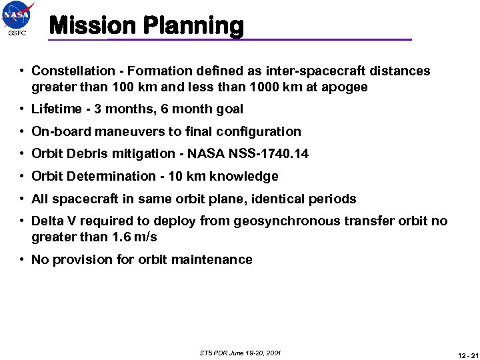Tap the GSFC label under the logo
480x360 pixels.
(17, 33)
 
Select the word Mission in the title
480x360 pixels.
(93, 26)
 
